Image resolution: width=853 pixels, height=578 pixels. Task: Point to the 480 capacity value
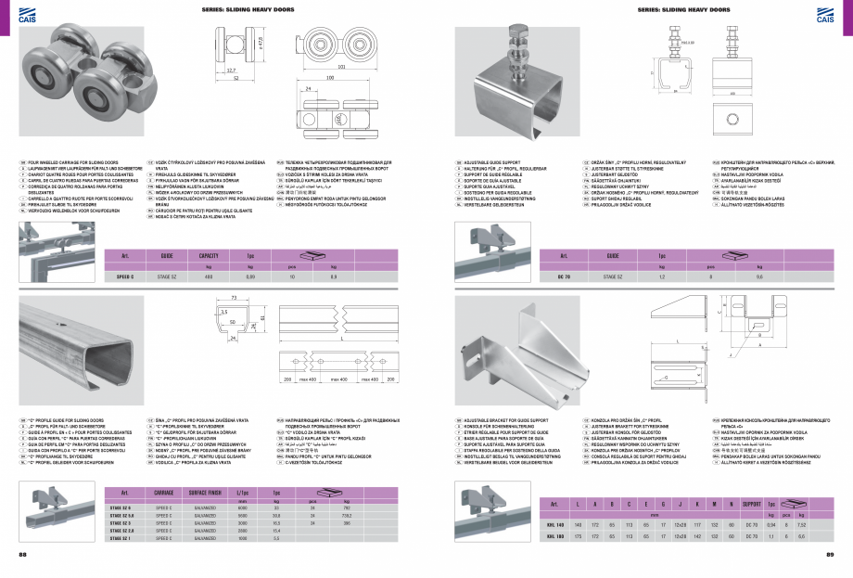click(x=209, y=276)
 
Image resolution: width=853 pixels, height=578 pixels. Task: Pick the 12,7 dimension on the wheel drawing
click(x=231, y=70)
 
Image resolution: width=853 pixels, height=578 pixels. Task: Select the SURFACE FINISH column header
click(x=209, y=492)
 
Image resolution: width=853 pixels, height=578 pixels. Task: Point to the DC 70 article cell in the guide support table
click(x=562, y=276)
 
